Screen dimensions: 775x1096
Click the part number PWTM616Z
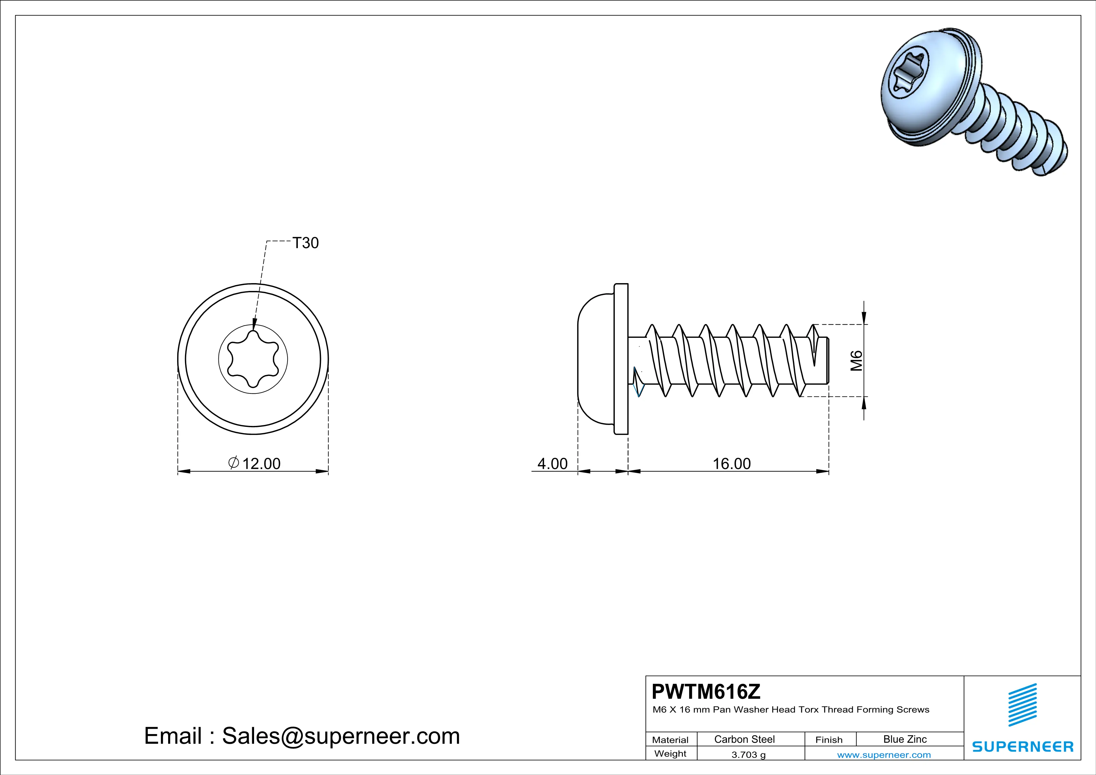click(706, 692)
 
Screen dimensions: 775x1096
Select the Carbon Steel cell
click(744, 739)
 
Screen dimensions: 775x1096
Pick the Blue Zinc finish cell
click(904, 739)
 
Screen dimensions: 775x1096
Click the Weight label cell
click(670, 753)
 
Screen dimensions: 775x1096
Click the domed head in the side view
click(594, 359)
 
